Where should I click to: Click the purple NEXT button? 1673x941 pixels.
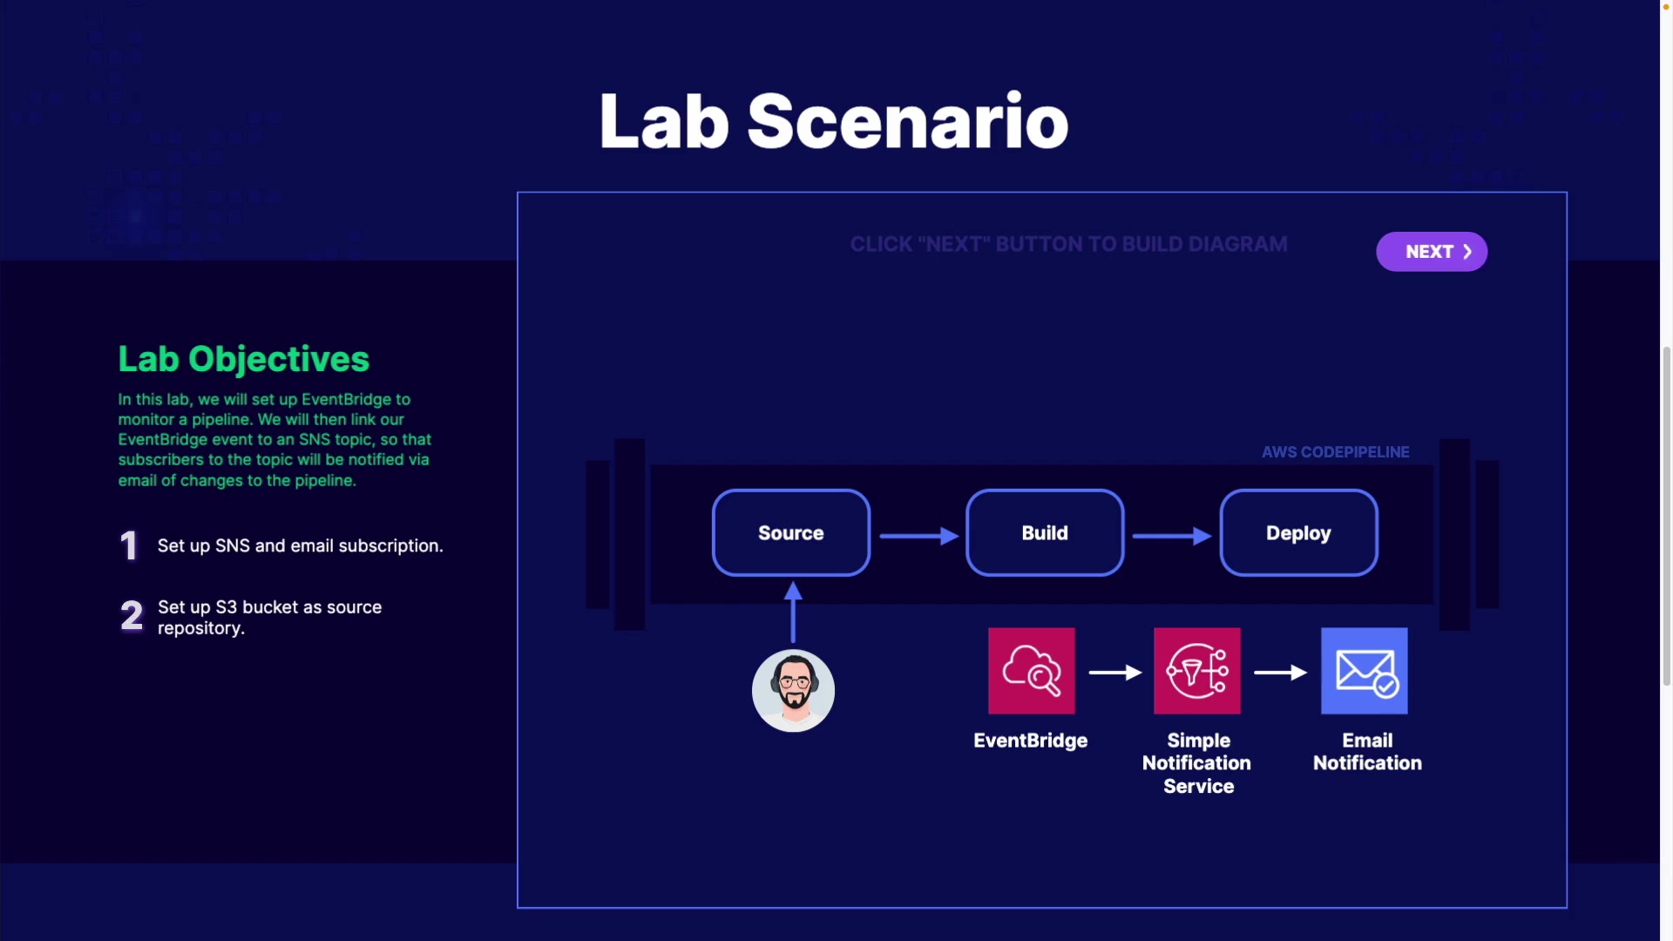click(1432, 252)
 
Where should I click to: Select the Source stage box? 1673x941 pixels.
click(791, 532)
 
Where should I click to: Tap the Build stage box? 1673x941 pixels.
click(1045, 532)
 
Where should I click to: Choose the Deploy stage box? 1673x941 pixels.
click(1298, 532)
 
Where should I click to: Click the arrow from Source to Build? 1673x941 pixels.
click(919, 536)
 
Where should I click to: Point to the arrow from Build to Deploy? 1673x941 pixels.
click(1172, 536)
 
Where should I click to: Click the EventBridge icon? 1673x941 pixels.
click(1032, 671)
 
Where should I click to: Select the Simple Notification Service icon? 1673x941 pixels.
click(1197, 671)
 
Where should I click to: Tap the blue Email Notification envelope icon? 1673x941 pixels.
click(1365, 671)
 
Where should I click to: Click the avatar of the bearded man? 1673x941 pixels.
click(793, 691)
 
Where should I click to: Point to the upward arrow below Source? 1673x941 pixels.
click(793, 612)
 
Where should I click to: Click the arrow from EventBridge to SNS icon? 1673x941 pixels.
click(1115, 673)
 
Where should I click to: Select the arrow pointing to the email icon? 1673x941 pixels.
click(1281, 673)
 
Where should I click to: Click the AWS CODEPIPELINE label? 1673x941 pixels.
click(1336, 452)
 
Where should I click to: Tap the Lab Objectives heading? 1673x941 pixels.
click(244, 359)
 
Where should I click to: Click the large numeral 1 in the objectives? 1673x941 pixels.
click(129, 545)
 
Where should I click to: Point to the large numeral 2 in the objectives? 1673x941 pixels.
click(132, 616)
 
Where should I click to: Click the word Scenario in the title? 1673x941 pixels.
click(908, 121)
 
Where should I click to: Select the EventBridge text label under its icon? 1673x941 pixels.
click(1031, 741)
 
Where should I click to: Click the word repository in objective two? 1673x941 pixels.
click(200, 629)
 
